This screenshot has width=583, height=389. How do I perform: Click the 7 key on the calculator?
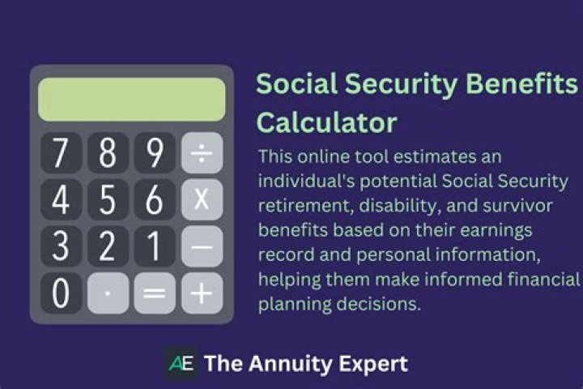pos(61,153)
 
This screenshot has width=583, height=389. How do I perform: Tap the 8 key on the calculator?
pos(108,153)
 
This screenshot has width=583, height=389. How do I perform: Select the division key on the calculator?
pos(202,153)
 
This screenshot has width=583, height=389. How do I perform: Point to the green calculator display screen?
pos(132,100)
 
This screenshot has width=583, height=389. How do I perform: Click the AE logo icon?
pos(181,364)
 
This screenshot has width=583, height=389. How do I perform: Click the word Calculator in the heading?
pos(326,122)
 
